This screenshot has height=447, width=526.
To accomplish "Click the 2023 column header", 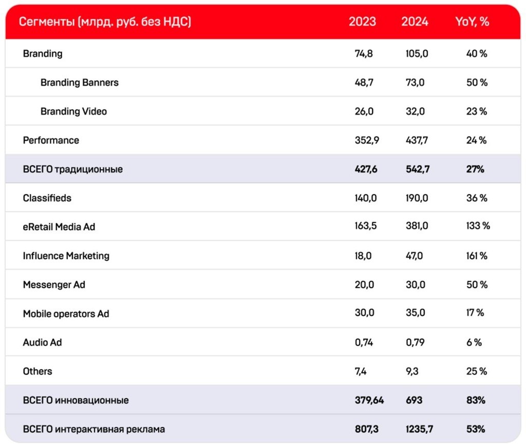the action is pos(362,22).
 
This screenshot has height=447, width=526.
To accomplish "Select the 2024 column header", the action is pos(415,22).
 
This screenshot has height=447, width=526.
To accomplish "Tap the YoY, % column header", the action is pos(472,22).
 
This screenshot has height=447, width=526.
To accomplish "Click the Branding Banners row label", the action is pos(80,83).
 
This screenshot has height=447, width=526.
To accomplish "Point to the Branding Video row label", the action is pos(74,111).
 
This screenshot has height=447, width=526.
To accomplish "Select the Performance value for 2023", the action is pos(367,141).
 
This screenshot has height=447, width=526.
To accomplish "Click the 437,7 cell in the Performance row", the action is pos(417,141).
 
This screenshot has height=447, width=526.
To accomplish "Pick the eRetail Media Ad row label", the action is pos(59,227).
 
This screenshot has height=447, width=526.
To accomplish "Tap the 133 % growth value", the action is pos(478,226).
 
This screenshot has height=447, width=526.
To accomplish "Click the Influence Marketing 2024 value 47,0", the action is pos(415,256).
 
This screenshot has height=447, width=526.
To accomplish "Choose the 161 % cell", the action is pos(477,256).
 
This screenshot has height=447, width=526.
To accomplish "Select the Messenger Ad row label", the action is pos(54,285).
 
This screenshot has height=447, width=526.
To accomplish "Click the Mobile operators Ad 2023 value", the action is pos(365,313).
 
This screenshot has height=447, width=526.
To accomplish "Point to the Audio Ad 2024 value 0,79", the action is pos(415,342).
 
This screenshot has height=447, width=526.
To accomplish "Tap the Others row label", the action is pos(37,371).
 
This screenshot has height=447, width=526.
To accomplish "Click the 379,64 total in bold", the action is pos(369,400).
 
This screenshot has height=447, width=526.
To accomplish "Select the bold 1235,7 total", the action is pos(419,429).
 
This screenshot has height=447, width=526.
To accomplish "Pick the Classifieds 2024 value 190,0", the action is pos(417,198).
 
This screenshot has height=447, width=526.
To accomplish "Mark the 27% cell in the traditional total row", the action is pos(475,169).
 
